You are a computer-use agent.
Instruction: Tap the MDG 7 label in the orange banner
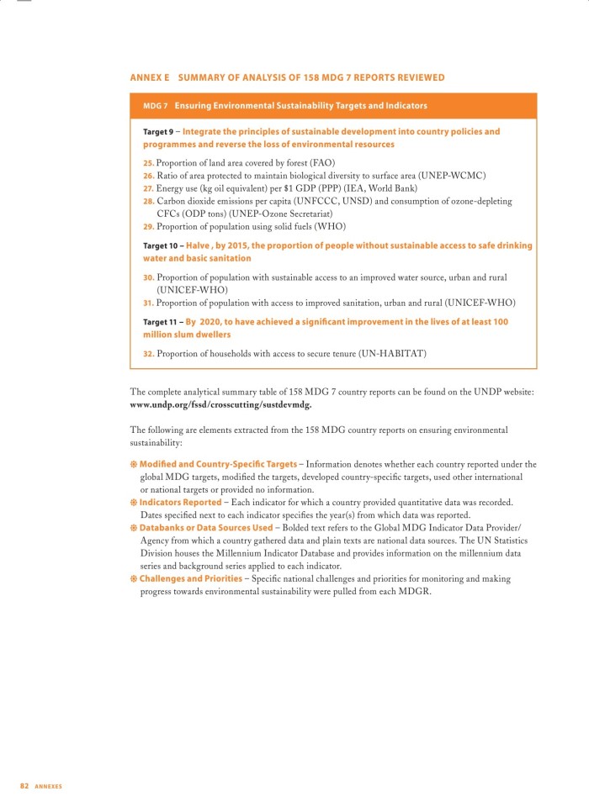pyautogui.click(x=156, y=106)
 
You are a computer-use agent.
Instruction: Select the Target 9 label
pyautogui.click(x=158, y=132)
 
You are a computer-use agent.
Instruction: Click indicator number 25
pyautogui.click(x=148, y=162)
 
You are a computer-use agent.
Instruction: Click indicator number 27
pyautogui.click(x=148, y=188)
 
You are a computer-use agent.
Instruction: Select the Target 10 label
pyautogui.click(x=160, y=245)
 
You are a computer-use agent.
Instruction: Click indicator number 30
pyautogui.click(x=148, y=277)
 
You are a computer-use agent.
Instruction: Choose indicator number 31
pyautogui.click(x=148, y=302)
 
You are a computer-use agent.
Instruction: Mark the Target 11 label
pyautogui.click(x=160, y=322)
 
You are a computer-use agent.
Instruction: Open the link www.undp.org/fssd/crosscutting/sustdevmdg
pyautogui.click(x=220, y=404)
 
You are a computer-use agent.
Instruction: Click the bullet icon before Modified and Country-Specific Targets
pyautogui.click(x=134, y=464)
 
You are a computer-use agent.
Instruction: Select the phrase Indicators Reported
pyautogui.click(x=180, y=502)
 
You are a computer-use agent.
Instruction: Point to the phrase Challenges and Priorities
pyautogui.click(x=190, y=578)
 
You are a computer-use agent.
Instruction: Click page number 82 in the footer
pyautogui.click(x=24, y=785)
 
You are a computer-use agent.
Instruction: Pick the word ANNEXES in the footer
pyautogui.click(x=48, y=786)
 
